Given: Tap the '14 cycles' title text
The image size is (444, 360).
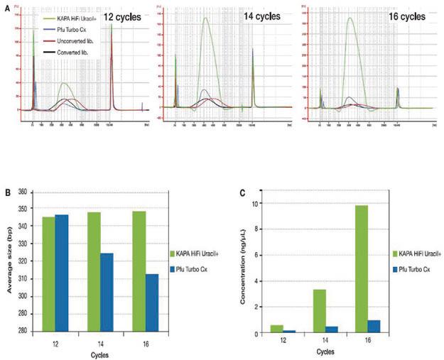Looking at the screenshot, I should pos(259,15).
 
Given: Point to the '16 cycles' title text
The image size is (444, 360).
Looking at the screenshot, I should pos(397,15).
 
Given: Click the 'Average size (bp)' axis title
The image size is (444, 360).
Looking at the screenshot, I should pos(9,261).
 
